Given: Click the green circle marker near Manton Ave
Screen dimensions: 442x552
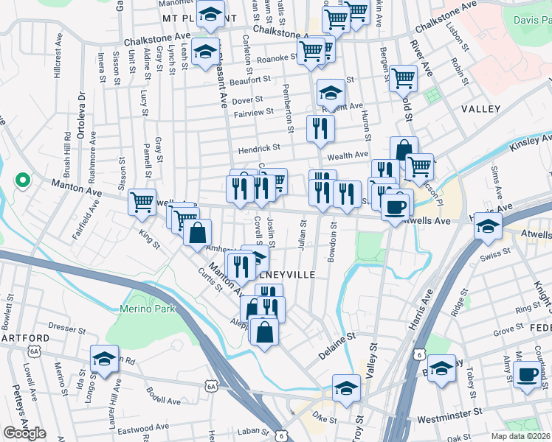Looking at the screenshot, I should pos(22,179).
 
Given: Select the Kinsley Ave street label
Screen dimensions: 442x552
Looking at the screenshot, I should pos(530,142).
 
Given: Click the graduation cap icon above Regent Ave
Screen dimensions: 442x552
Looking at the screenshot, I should pos(331,92).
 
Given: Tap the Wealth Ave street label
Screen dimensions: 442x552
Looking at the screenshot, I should pos(348,155).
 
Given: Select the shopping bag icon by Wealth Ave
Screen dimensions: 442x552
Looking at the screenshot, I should pos(403,150).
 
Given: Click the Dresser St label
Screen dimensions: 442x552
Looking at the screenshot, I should pos(68,323).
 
